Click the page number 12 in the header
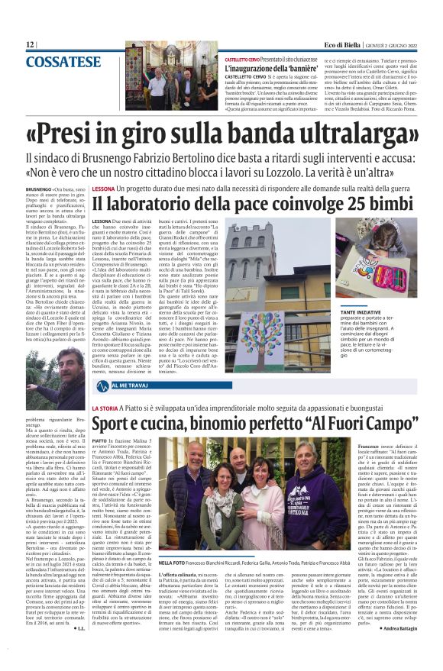[31, 44]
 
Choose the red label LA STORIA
[105, 410]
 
